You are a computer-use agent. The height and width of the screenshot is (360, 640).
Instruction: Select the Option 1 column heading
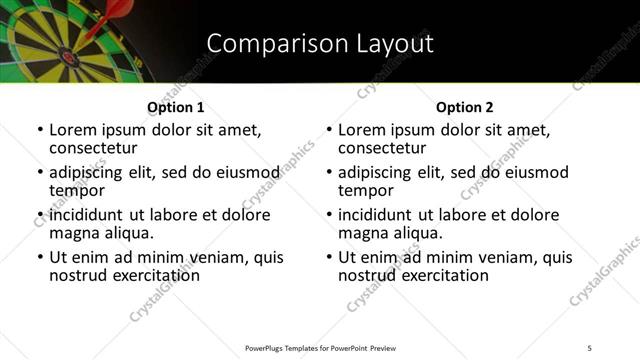[175, 107]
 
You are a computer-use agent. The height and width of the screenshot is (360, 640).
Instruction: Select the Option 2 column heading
[464, 107]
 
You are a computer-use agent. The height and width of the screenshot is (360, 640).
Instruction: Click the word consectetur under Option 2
[382, 148]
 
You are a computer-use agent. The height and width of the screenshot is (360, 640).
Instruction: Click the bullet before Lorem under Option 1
[40, 131]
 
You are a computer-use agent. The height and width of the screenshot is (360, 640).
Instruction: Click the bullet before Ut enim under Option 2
[329, 257]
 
